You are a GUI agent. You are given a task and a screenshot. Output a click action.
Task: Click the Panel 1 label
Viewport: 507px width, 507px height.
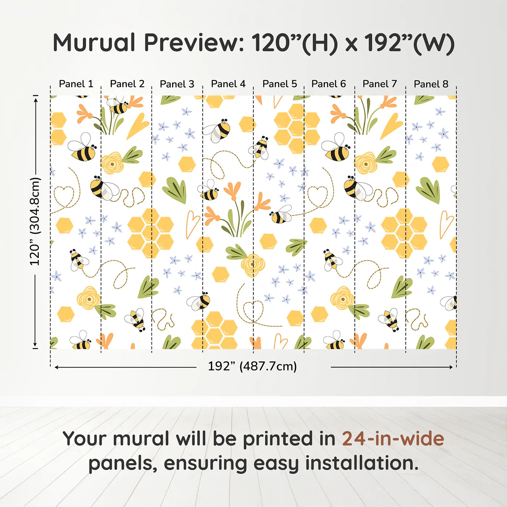(76, 84)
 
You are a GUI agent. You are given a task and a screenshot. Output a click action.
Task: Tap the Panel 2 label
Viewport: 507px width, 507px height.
(127, 84)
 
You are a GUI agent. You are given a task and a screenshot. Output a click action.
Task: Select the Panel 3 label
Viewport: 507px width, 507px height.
(177, 84)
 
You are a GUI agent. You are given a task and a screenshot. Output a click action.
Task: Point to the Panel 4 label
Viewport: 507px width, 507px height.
(228, 84)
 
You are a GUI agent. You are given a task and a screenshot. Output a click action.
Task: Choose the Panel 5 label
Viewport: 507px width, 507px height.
(280, 84)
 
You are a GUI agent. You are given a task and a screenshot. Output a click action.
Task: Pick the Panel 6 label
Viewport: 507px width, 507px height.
(328, 84)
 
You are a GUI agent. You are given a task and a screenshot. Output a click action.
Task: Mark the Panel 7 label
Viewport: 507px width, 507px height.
(380, 84)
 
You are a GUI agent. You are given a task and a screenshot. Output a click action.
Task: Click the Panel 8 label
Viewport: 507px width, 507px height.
(431, 84)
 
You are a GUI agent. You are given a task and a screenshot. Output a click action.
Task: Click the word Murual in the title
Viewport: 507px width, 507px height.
(94, 43)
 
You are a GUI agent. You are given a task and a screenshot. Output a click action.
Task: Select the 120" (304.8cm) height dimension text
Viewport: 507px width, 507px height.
(35, 222)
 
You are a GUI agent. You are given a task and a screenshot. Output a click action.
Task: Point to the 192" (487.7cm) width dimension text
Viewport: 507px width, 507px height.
(252, 366)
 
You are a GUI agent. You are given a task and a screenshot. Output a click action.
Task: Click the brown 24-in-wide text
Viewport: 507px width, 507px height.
(393, 439)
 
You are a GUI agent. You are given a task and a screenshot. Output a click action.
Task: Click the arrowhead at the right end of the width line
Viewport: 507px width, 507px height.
(451, 367)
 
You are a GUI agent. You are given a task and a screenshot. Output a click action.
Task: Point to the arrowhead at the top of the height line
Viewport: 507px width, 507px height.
(35, 99)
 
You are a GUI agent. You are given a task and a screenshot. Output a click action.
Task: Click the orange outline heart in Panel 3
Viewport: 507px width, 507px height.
(192, 224)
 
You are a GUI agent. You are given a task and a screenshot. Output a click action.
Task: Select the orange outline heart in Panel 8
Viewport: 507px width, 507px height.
(446, 224)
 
